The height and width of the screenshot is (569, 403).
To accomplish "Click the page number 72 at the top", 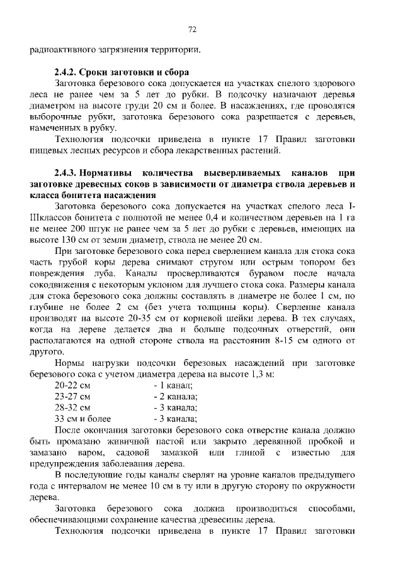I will coord(193,30).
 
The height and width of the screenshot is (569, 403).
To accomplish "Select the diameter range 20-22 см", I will coord(72,385).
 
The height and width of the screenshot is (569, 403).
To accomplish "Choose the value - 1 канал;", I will coord(173,385).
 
